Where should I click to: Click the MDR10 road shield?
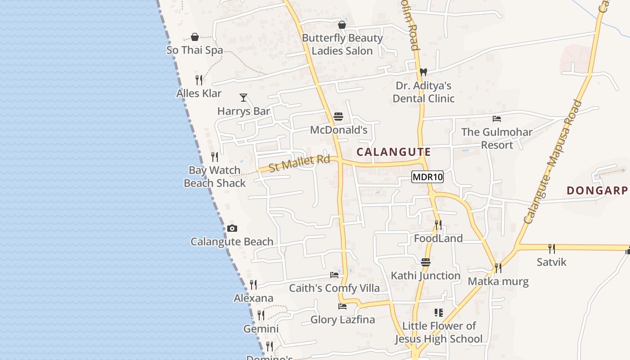pyautogui.click(x=427, y=177)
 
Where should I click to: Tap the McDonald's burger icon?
pyautogui.click(x=338, y=117)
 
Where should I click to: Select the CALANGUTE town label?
pyautogui.click(x=394, y=152)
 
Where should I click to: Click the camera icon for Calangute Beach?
pyautogui.click(x=232, y=229)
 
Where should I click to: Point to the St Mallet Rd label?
pyautogui.click(x=299, y=163)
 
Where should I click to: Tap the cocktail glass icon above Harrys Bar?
pyautogui.click(x=243, y=97)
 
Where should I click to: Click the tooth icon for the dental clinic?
pyautogui.click(x=423, y=72)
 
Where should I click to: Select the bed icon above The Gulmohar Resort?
pyautogui.click(x=497, y=119)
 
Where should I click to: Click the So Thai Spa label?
pyautogui.click(x=195, y=50)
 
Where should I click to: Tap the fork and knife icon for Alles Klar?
pyautogui.click(x=199, y=80)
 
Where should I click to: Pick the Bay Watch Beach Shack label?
pyautogui.click(x=215, y=176)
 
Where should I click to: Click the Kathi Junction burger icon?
pyautogui.click(x=426, y=262)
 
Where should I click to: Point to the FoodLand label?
pyautogui.click(x=438, y=238)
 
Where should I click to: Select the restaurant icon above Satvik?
pyautogui.click(x=551, y=248)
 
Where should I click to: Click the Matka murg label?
pyautogui.click(x=498, y=282)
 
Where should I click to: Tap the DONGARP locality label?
pyautogui.click(x=597, y=191)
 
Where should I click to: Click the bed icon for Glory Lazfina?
pyautogui.click(x=342, y=306)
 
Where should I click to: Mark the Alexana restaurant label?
pyautogui.click(x=253, y=298)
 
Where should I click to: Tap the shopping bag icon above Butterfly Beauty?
pyautogui.click(x=342, y=25)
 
